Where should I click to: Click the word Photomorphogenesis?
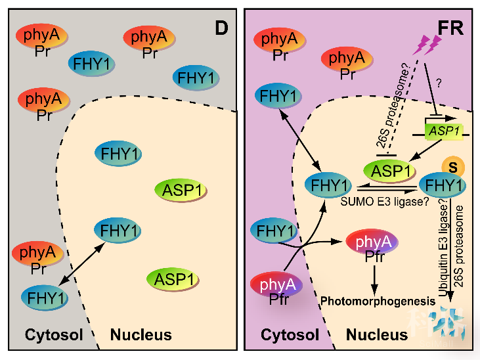point(378,300)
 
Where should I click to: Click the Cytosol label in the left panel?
point(54,334)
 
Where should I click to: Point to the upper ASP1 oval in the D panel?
point(180,190)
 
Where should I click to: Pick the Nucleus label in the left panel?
point(141,334)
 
